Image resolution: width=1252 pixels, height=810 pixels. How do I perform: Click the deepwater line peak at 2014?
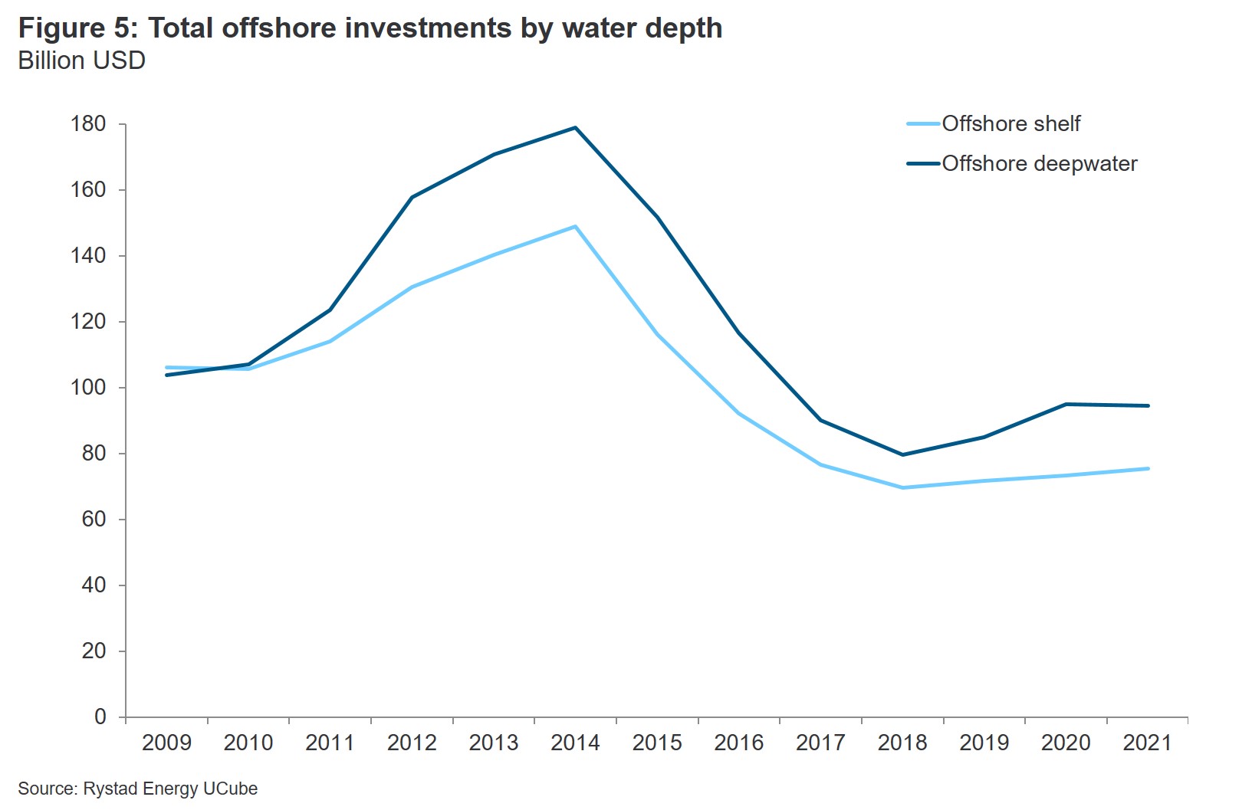click(575, 128)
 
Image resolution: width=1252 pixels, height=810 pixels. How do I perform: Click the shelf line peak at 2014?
click(575, 227)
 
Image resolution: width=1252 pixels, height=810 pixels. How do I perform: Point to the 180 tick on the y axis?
click(88, 123)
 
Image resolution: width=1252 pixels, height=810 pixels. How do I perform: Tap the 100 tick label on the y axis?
click(88, 387)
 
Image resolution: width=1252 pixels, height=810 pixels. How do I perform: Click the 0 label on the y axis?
click(100, 717)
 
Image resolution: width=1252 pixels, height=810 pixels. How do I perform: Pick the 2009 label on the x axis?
click(166, 743)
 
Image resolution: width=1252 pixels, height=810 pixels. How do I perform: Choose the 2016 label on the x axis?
click(738, 743)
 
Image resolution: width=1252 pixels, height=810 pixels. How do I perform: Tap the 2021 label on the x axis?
click(1147, 743)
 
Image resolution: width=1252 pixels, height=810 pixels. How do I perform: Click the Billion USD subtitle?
click(81, 61)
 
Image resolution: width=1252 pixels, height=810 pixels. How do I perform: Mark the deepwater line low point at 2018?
click(902, 454)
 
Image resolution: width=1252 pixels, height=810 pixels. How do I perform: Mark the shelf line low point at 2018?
click(902, 487)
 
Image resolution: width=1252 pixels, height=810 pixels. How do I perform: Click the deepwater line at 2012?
click(412, 198)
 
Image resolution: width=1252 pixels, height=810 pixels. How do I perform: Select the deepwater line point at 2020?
click(1066, 404)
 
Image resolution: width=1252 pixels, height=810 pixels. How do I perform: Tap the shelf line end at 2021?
click(1148, 468)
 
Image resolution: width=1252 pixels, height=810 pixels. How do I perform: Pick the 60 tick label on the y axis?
click(94, 519)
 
